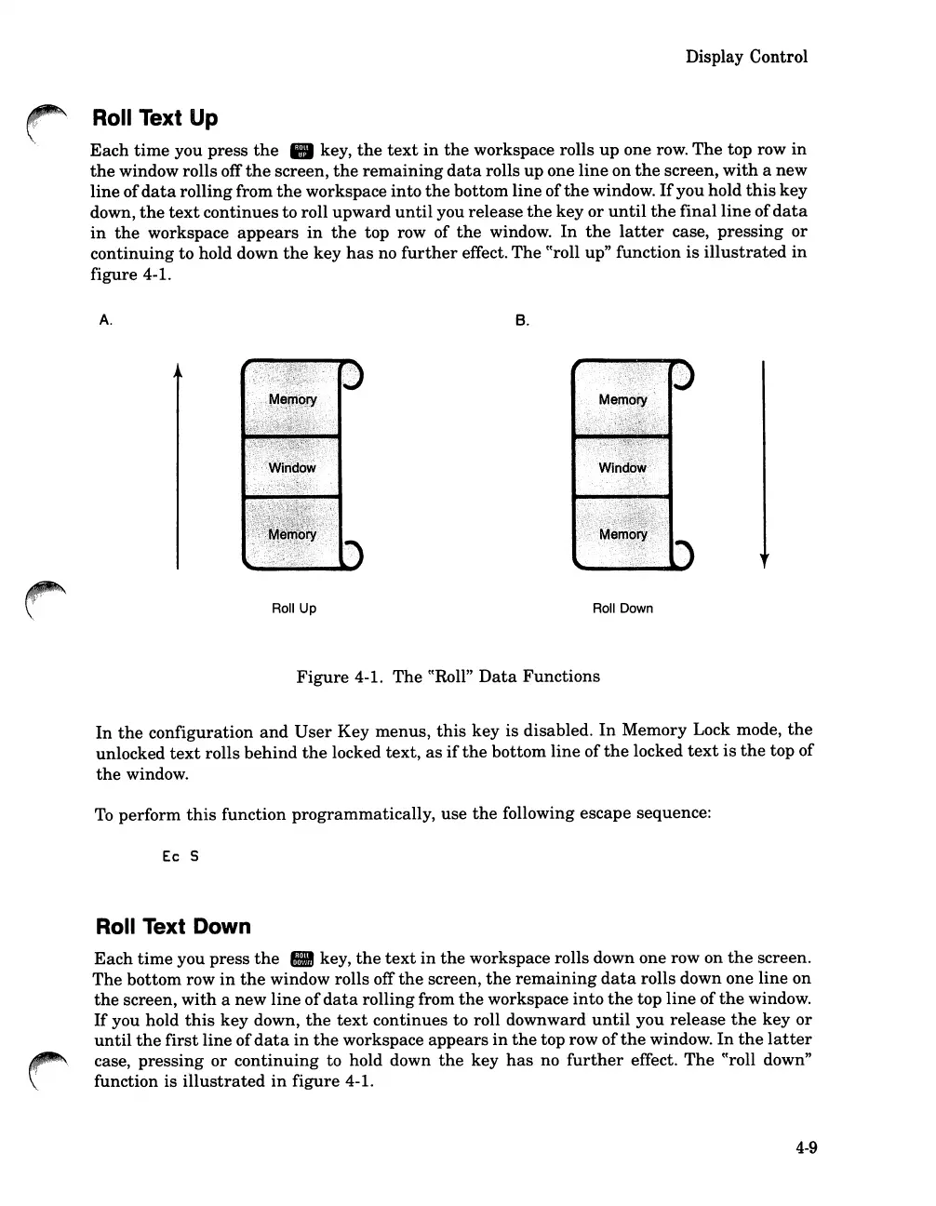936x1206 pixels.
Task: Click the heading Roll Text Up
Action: (x=154, y=118)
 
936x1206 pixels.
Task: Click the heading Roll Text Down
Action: (x=173, y=926)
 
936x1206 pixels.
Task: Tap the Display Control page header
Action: (x=746, y=57)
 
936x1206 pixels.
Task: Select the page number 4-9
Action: (x=806, y=1147)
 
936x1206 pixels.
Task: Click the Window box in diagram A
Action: (x=291, y=467)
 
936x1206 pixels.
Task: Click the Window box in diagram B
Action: (x=622, y=467)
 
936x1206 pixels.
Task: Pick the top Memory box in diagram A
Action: (x=291, y=399)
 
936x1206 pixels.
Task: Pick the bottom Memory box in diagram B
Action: (x=622, y=534)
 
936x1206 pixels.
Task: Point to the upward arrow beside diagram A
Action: (x=177, y=465)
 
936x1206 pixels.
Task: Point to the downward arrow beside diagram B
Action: (x=764, y=465)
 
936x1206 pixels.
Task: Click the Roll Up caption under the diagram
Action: (x=293, y=609)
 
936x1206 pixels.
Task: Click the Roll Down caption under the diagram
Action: (x=622, y=609)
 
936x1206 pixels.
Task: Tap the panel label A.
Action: (x=105, y=320)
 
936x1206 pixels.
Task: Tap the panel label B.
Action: (x=522, y=320)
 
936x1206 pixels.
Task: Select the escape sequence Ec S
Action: (x=180, y=856)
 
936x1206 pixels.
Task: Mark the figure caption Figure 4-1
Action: (x=448, y=677)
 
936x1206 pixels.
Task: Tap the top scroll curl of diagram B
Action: (x=686, y=374)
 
